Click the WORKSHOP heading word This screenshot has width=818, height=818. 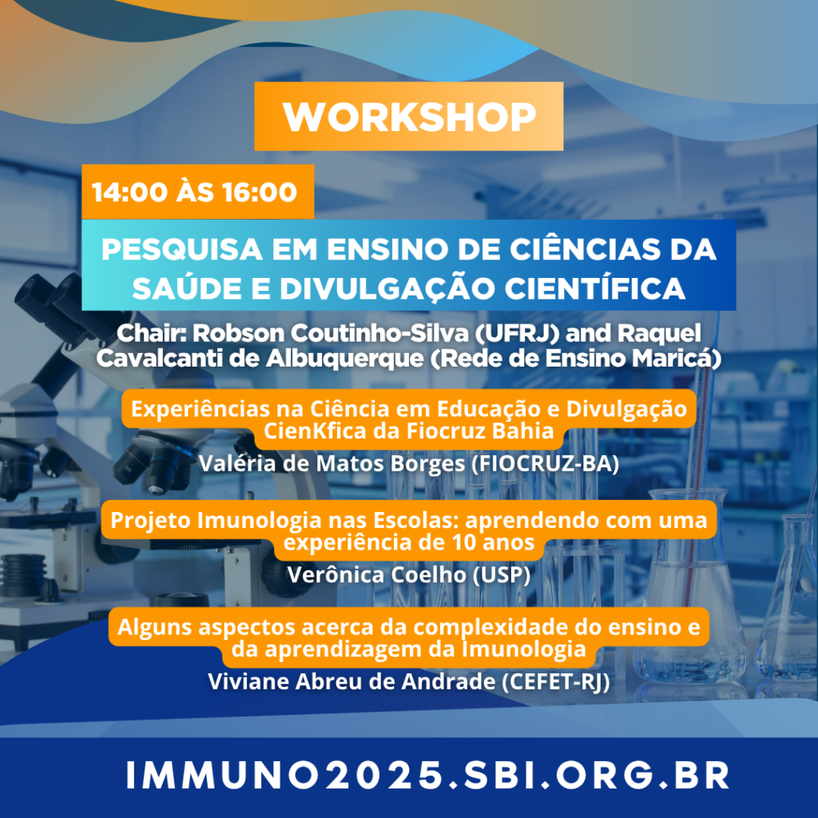point(409,117)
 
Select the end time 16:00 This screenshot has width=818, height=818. point(260,192)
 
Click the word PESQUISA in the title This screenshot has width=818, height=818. point(182,249)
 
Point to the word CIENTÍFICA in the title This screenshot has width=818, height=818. point(594,288)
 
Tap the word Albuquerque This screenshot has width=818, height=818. point(345,359)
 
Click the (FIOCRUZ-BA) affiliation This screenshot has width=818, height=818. point(545,464)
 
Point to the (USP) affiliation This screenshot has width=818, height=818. point(502,575)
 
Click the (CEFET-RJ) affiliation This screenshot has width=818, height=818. point(555,682)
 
